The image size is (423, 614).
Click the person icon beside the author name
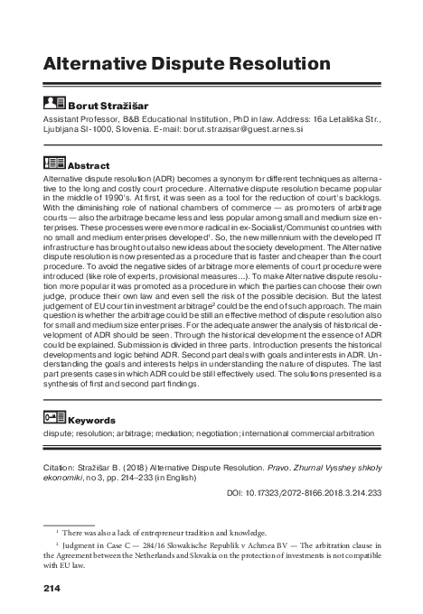point(53,104)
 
